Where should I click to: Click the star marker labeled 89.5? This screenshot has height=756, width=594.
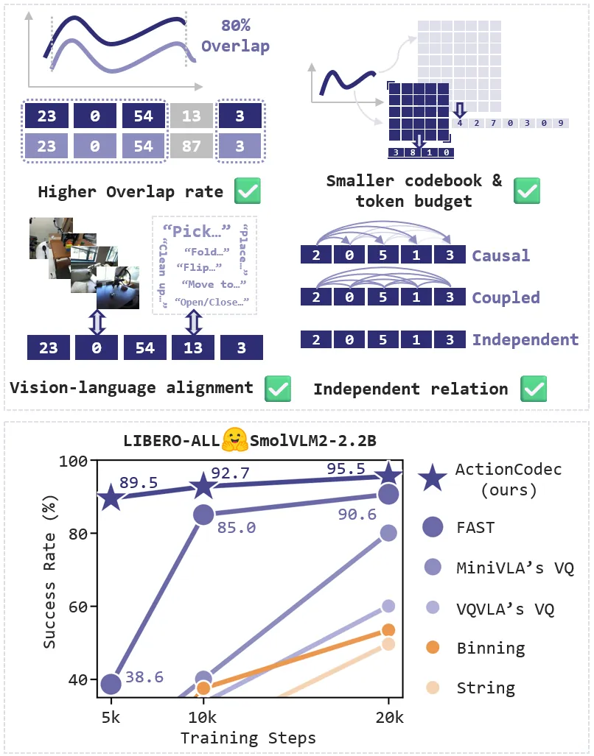pyautogui.click(x=111, y=498)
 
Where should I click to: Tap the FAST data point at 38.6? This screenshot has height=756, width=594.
pyautogui.click(x=111, y=684)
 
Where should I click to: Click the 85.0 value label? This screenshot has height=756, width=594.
pyautogui.click(x=236, y=527)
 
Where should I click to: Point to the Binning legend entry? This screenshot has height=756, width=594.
pyautogui.click(x=490, y=648)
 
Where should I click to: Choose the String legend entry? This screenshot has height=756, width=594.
pyautogui.click(x=485, y=688)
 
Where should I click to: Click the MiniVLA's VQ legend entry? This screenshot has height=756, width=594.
pyautogui.click(x=514, y=568)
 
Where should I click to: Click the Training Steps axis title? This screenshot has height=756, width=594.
pyautogui.click(x=248, y=738)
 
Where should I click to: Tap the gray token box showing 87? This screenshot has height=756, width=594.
pyautogui.click(x=192, y=146)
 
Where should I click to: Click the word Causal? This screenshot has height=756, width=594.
pyautogui.click(x=501, y=255)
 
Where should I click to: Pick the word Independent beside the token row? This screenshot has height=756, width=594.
pyautogui.click(x=525, y=339)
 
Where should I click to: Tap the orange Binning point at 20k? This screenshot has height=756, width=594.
pyautogui.click(x=388, y=629)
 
